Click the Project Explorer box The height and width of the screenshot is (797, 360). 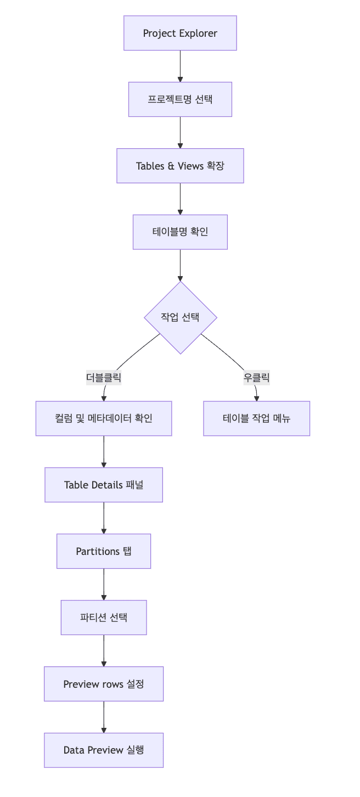point(180,33)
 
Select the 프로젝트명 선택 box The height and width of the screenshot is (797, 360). point(180,99)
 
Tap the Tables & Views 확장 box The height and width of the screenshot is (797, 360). point(180,166)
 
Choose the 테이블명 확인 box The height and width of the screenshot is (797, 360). point(180,232)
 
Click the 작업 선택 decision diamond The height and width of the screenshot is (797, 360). point(180,317)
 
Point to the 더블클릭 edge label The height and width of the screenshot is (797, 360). point(104,378)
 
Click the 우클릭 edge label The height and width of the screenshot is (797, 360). point(256,378)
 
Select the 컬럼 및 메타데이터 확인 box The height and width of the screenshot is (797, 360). point(104,418)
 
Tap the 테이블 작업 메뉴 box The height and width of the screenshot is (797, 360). point(256,418)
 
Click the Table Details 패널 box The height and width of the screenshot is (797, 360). point(104,485)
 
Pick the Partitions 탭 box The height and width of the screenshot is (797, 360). point(104,551)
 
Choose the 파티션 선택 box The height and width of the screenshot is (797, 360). point(104,617)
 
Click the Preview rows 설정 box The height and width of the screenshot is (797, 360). point(104,684)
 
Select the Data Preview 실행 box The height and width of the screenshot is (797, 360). point(104,750)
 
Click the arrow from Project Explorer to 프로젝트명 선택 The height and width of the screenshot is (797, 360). point(180,66)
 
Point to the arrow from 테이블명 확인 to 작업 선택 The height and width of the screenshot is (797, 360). point(180,265)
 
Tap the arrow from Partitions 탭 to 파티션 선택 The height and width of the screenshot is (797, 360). point(104,584)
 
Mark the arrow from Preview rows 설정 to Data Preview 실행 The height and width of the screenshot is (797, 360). point(104,717)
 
